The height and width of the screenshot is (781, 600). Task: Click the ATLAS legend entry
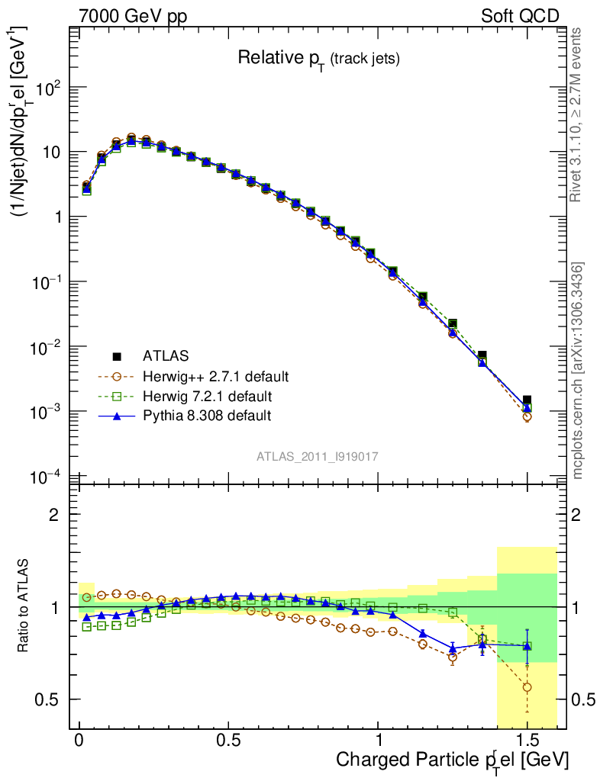pos(163,355)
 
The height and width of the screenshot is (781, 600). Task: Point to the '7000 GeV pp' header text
pos(133,16)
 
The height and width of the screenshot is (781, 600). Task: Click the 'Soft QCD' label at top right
pos(521,16)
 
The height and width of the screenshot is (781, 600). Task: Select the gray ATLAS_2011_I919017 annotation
pos(318,456)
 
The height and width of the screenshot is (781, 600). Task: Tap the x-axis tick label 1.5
pos(527,741)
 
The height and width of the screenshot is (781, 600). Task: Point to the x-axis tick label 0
pos(79,741)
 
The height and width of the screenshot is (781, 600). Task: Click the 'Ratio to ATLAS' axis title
pos(25,606)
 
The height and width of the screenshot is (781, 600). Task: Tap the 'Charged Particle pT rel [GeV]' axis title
pos(453,760)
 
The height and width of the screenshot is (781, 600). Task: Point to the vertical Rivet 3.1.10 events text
pos(578,114)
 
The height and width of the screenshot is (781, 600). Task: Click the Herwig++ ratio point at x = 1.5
pos(527,687)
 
